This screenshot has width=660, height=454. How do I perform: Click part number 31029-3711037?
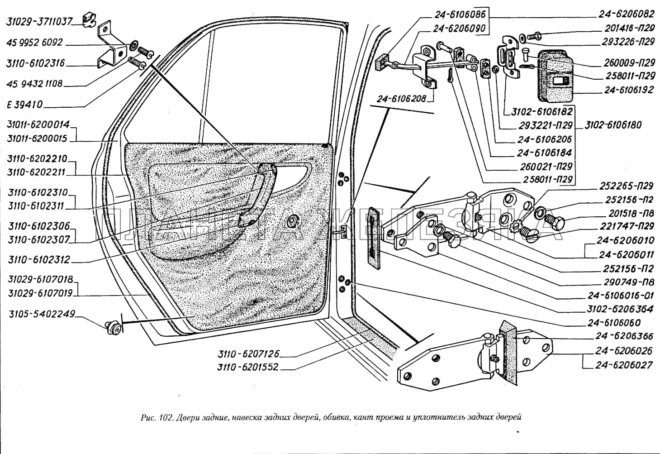tap(39, 21)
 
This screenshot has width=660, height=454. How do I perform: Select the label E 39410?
tap(25, 105)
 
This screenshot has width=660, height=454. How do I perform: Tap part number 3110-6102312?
tap(39, 260)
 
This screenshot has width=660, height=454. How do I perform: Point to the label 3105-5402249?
tap(42, 314)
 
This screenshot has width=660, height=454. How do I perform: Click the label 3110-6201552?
tap(248, 367)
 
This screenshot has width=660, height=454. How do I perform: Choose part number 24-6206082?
tap(626, 14)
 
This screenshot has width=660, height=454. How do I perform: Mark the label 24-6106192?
tap(629, 90)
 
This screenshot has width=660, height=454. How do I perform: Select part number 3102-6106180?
tap(613, 125)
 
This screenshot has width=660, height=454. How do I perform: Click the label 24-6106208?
tap(401, 98)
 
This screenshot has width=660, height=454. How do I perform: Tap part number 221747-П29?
tap(627, 226)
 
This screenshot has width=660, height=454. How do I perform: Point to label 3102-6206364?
tap(620, 309)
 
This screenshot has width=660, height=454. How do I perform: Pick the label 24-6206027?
tap(624, 365)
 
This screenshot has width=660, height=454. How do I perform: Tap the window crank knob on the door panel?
tap(294, 220)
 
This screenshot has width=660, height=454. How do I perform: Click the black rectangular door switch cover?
tap(555, 77)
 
